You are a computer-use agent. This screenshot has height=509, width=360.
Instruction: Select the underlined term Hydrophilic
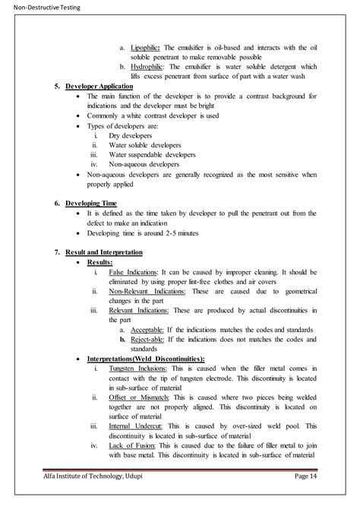[x=149, y=67]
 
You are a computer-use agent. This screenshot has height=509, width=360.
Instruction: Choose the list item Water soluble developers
[x=149, y=144]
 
